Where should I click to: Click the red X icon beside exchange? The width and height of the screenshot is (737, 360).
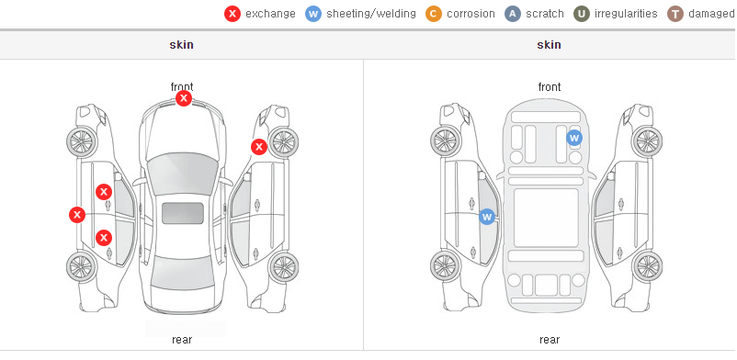[x=232, y=14]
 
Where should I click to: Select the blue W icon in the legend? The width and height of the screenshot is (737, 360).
[x=313, y=14]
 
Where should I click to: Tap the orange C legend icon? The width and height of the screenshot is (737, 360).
[x=434, y=14]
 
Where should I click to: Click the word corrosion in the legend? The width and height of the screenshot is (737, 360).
[x=471, y=14]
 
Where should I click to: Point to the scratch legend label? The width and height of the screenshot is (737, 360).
[x=545, y=14]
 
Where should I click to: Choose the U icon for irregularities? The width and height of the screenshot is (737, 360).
[x=582, y=14]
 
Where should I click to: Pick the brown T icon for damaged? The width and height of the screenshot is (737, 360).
[x=675, y=14]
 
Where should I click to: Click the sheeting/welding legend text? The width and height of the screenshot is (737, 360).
[x=371, y=14]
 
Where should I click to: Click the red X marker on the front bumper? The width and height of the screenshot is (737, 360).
[x=184, y=98]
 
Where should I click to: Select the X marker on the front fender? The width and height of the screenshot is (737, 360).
[x=259, y=147]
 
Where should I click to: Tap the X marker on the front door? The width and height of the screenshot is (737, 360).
[x=104, y=192]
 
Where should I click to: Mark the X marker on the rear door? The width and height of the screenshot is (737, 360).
[x=104, y=238]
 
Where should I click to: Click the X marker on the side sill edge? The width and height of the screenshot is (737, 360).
[x=77, y=215]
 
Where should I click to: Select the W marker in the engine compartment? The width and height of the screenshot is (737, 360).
[x=574, y=138]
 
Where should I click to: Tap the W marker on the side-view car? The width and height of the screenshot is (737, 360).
[x=487, y=217]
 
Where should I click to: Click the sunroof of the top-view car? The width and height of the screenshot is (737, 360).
[x=183, y=213]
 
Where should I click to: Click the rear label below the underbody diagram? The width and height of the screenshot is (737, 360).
[x=550, y=340]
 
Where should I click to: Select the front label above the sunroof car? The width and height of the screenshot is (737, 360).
[x=182, y=86]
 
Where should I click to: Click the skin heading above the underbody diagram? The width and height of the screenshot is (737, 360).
[x=549, y=45]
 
